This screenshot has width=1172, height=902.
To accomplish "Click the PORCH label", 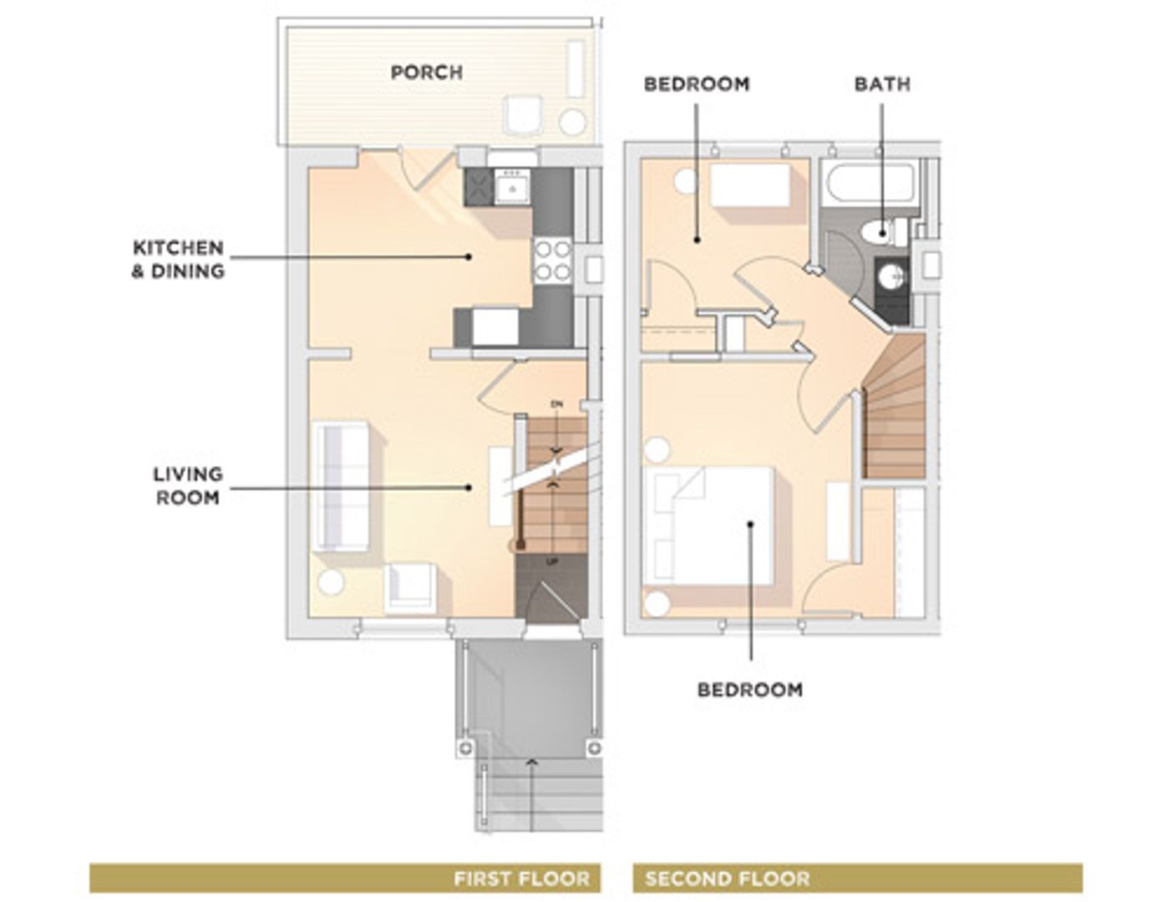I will (426, 73).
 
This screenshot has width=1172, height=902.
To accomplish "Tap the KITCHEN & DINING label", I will (178, 259).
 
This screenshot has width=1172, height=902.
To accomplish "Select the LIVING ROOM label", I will (187, 485).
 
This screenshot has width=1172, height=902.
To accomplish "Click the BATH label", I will (882, 84).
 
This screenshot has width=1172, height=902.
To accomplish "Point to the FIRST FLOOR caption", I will (521, 879).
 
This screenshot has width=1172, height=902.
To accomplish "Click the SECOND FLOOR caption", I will (727, 879).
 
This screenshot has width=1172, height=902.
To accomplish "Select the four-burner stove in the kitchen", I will (553, 259).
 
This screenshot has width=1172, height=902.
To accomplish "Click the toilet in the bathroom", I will (880, 231).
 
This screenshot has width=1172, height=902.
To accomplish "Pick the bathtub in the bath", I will (869, 183).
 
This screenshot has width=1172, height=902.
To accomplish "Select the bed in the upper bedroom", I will (749, 185).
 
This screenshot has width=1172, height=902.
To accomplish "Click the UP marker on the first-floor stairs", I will (551, 562).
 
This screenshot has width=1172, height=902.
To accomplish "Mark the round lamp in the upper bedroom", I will (686, 182).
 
